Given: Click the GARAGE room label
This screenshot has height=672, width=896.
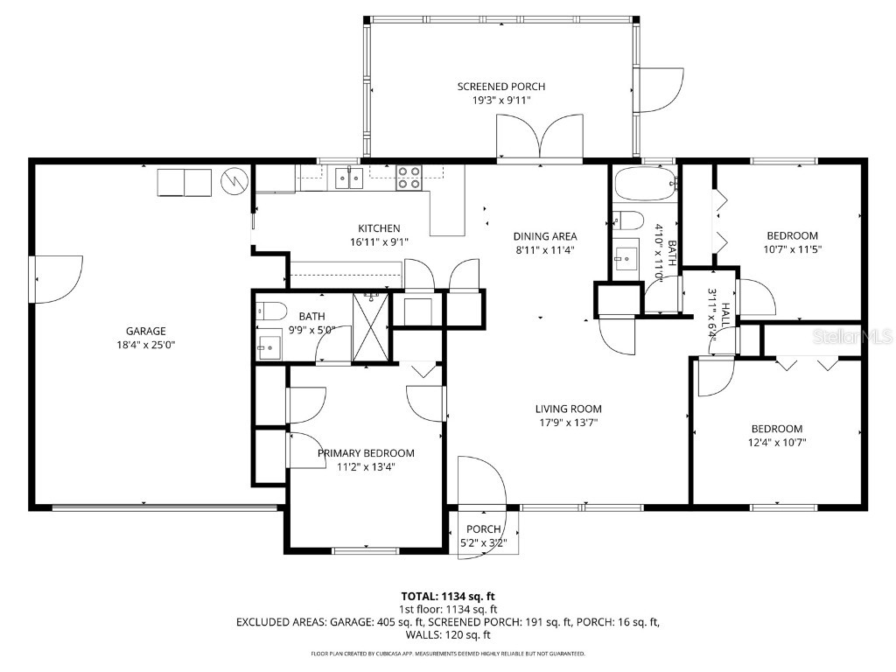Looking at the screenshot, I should [145, 331].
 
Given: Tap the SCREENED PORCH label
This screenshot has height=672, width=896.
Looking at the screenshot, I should [500, 87].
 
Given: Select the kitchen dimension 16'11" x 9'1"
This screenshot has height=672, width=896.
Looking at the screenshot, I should [379, 242].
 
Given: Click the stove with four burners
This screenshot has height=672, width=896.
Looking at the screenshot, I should [409, 178].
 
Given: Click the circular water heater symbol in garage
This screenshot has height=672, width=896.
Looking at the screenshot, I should [233, 181].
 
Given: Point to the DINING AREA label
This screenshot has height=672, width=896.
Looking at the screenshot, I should [544, 236].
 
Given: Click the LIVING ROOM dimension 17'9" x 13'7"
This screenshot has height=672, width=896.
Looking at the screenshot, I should [568, 423].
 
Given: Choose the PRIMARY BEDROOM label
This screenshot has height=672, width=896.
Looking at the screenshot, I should [366, 453].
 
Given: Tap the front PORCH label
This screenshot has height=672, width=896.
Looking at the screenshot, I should [483, 529].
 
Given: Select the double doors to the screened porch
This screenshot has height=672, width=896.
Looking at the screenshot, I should [539, 139].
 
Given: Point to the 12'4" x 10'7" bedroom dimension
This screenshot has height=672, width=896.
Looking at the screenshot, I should [777, 443].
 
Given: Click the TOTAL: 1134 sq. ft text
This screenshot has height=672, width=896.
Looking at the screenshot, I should [447, 596].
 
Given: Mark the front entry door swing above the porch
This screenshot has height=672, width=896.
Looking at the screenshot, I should [480, 481].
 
